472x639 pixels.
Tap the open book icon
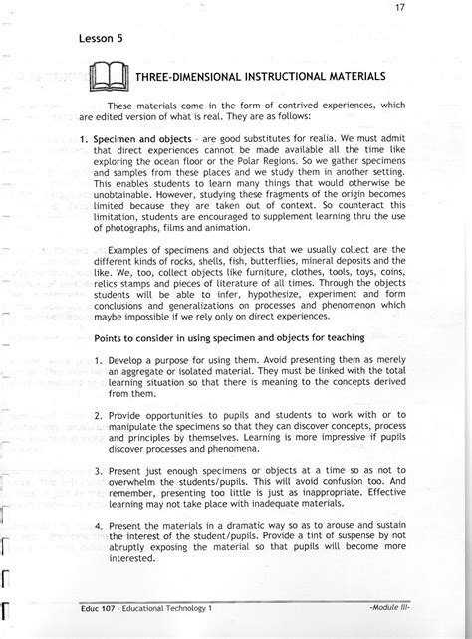(104, 77)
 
